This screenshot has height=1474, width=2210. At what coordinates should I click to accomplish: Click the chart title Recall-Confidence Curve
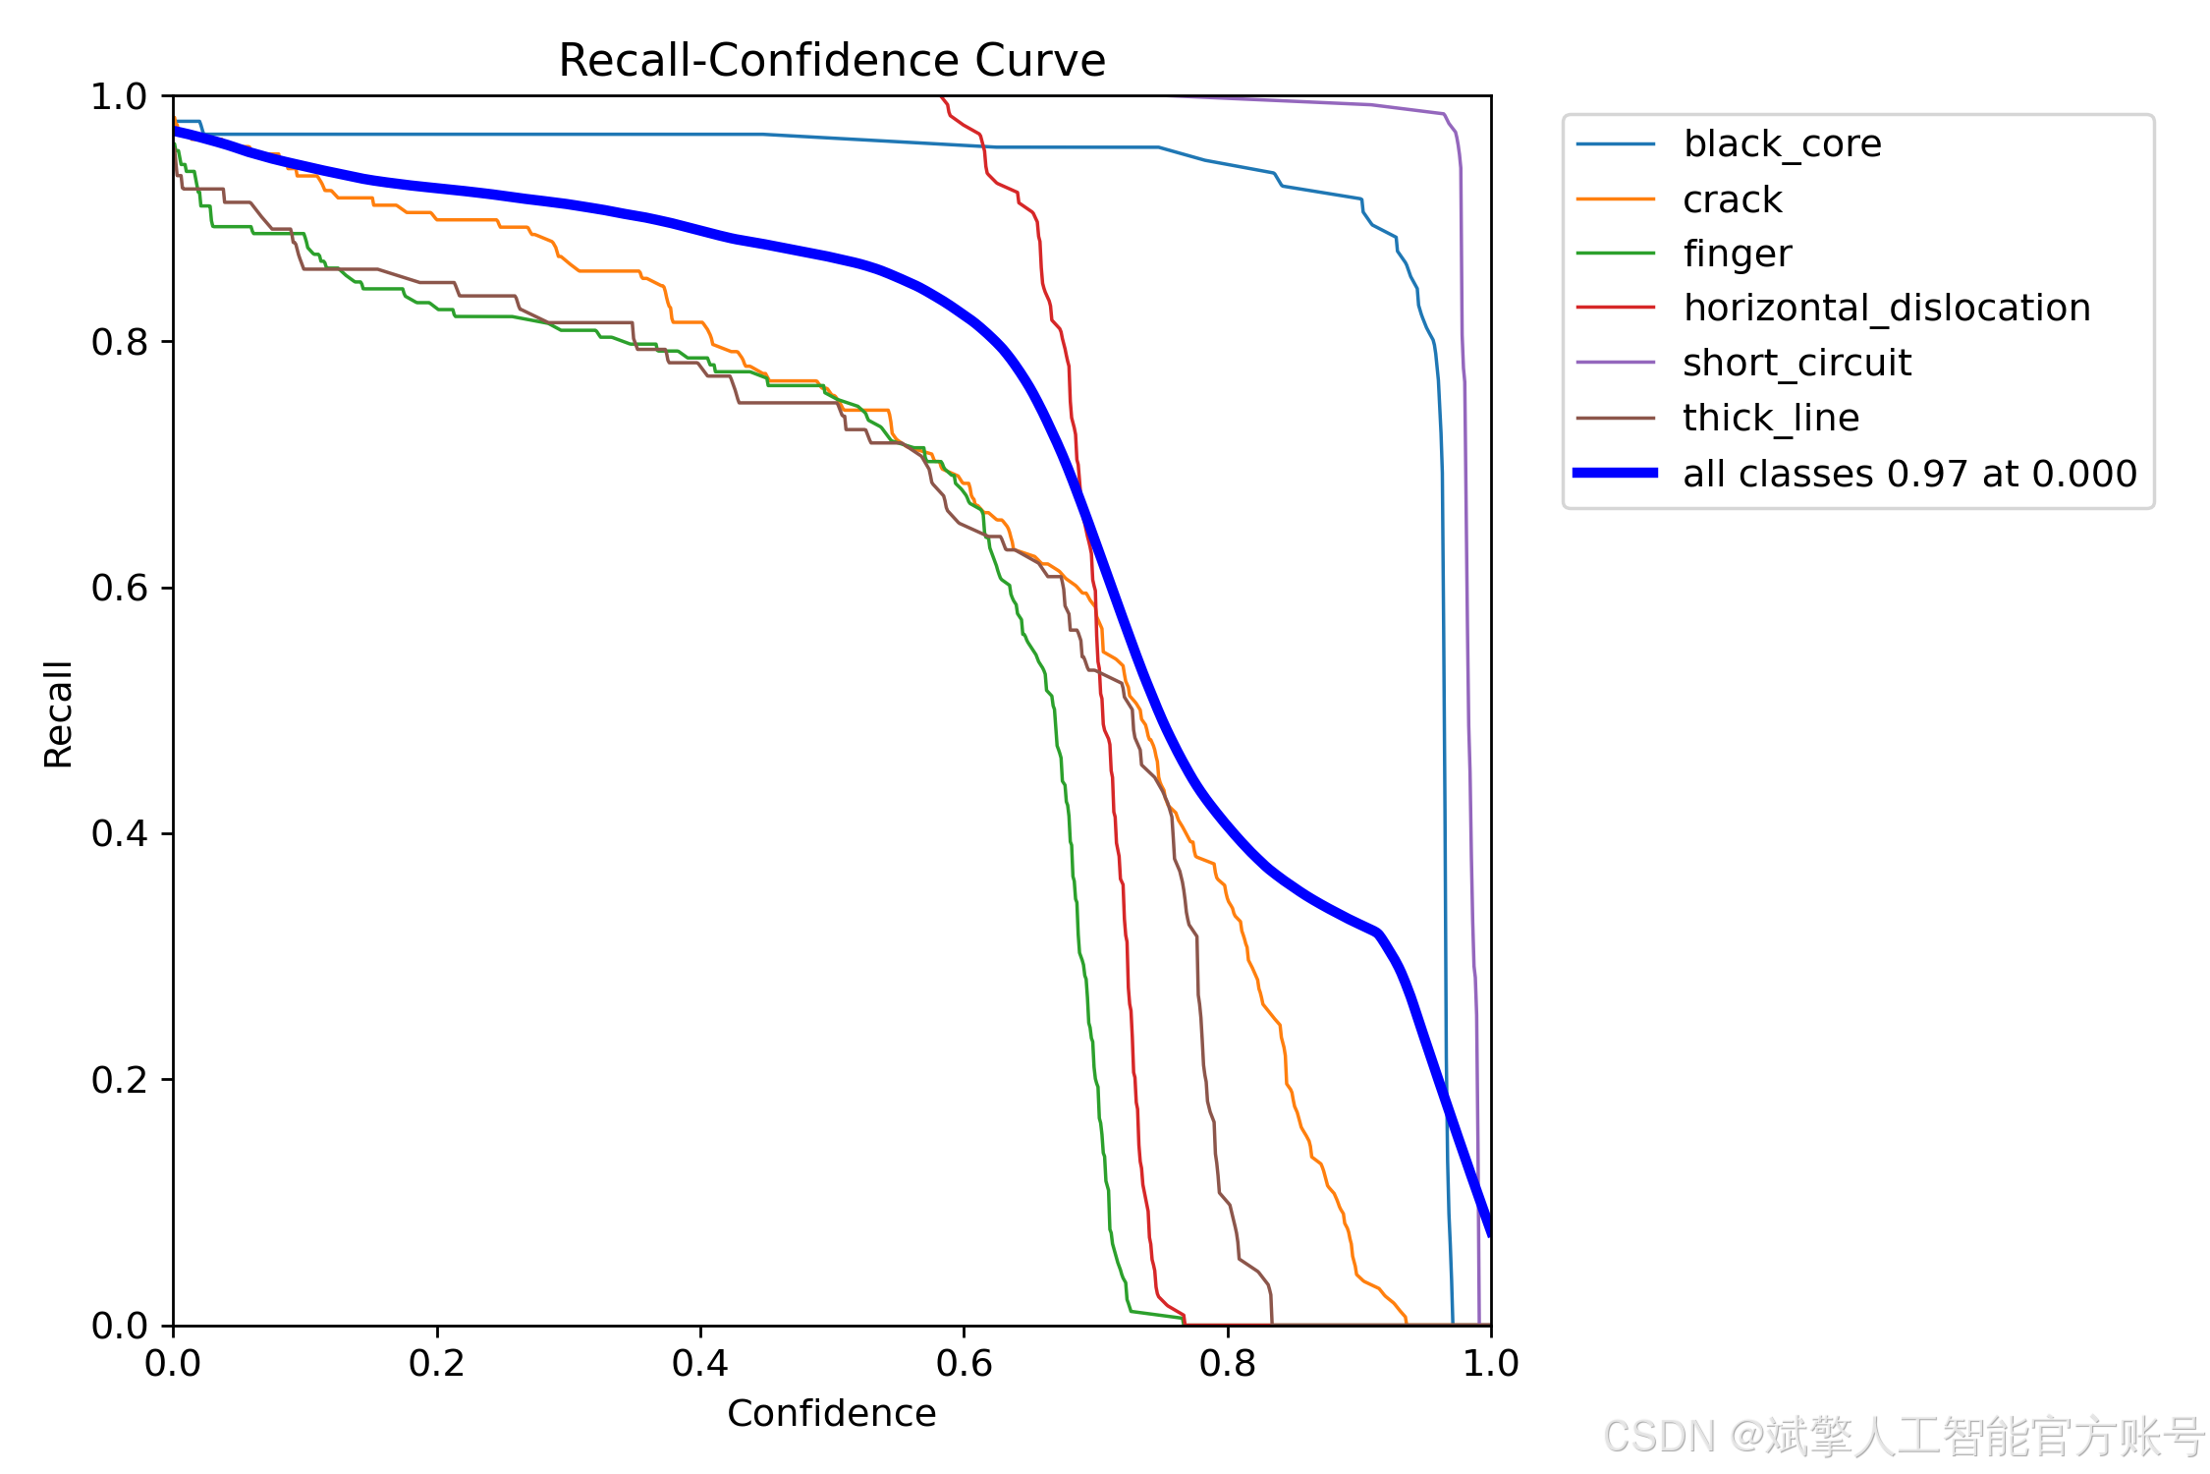click(832, 61)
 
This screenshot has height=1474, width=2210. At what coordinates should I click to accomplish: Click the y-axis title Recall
click(58, 713)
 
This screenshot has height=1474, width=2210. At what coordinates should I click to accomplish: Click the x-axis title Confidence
click(831, 1413)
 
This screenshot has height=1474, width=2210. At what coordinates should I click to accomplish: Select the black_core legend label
click(1782, 144)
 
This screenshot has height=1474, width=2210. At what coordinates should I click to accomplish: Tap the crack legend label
click(1732, 199)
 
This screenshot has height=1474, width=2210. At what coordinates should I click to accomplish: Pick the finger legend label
click(1737, 255)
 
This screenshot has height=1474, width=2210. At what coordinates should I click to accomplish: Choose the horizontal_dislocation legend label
click(1886, 309)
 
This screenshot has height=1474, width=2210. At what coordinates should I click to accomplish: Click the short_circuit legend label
click(1796, 364)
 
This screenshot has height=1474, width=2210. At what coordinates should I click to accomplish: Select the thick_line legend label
click(1770, 419)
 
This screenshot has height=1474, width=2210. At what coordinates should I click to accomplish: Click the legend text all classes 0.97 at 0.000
click(1909, 474)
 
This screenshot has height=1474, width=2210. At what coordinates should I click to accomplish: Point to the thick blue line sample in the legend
click(1615, 473)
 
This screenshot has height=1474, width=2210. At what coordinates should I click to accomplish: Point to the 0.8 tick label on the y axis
click(118, 342)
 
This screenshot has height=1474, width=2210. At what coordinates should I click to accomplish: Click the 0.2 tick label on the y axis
click(118, 1080)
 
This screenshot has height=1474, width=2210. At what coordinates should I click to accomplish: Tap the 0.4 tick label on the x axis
click(699, 1363)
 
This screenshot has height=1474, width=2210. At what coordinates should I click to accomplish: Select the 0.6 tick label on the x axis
click(964, 1363)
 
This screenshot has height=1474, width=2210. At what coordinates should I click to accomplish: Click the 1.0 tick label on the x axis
click(1490, 1363)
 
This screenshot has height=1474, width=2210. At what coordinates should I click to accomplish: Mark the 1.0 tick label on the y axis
click(118, 96)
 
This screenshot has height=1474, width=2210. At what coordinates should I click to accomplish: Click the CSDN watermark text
click(1905, 1437)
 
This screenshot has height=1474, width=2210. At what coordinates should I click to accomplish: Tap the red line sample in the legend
click(1615, 308)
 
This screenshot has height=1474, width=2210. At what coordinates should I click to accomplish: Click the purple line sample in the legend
click(1615, 363)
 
